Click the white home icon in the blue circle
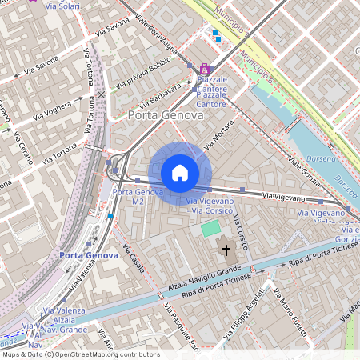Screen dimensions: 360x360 (x=180, y=173)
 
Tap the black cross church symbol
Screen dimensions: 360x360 (x=226, y=250)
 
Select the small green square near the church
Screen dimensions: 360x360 (x=210, y=230)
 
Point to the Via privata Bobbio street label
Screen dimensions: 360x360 (x=144, y=72)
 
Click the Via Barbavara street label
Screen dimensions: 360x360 (x=160, y=95)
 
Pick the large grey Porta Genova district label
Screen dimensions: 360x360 (x=166, y=116)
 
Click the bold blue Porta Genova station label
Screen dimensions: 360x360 (x=89, y=255)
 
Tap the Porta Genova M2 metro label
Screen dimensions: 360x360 (x=138, y=197)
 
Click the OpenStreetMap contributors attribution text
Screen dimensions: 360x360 (x=80, y=354)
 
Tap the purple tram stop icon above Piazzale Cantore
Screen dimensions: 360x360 (x=205, y=70)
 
